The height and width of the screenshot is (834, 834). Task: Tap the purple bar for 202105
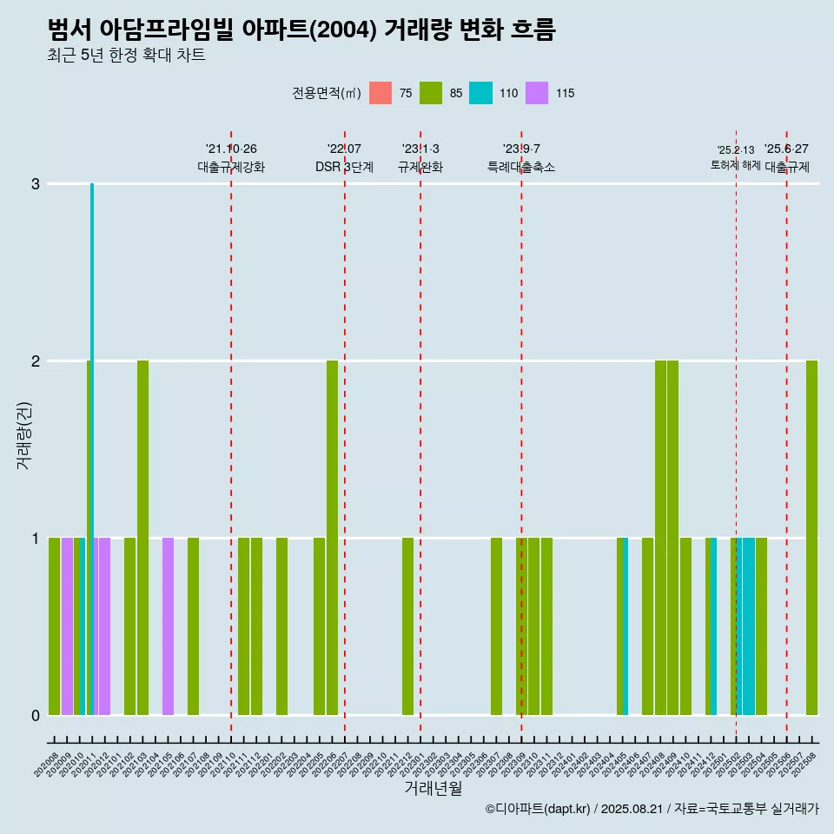click(168, 625)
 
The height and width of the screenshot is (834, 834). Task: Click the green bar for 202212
click(407, 625)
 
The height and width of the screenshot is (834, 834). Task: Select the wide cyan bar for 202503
click(748, 625)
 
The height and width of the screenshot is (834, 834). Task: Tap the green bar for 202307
click(496, 625)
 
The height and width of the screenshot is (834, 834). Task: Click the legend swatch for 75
click(381, 93)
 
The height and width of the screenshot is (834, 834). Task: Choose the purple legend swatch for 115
click(538, 93)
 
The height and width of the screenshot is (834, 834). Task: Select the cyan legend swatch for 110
click(480, 93)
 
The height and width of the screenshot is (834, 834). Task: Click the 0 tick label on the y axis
click(36, 715)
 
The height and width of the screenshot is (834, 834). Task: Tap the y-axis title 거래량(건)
click(24, 434)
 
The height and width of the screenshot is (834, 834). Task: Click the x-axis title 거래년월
click(433, 788)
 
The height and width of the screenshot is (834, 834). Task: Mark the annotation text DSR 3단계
click(344, 167)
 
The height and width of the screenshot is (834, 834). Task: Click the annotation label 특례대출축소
click(521, 167)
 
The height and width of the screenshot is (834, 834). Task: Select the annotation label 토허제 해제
click(735, 165)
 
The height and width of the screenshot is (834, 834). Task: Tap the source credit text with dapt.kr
click(652, 809)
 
